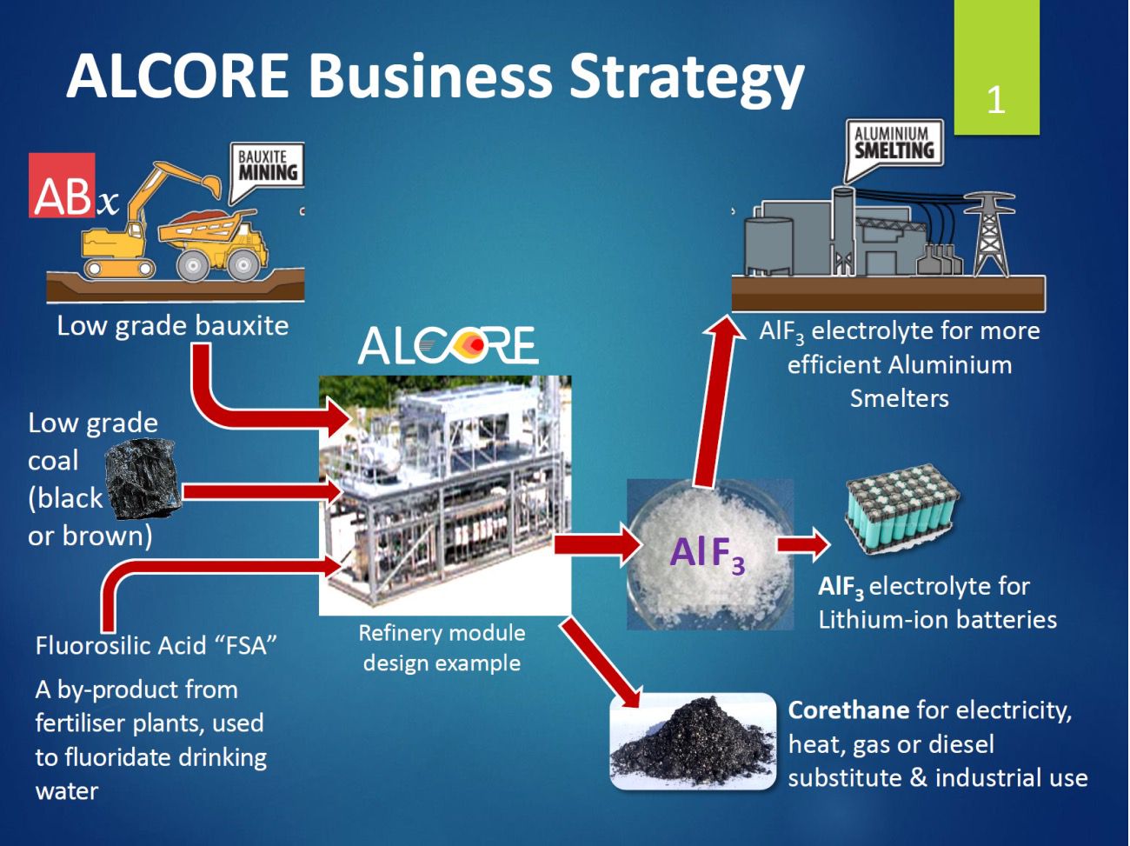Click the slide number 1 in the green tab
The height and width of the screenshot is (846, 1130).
[x=996, y=100]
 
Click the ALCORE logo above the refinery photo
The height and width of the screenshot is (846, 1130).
[x=448, y=345]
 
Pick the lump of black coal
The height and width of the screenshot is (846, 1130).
[x=143, y=478]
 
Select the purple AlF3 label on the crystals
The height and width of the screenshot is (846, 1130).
[x=707, y=554]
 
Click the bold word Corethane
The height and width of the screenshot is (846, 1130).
[x=847, y=710]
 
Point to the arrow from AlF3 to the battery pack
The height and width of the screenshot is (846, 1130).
[x=803, y=544]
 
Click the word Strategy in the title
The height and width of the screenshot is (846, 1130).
[x=687, y=77]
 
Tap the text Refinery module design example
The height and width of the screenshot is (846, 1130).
[x=442, y=648]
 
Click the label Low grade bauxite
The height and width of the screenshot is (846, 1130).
[x=172, y=325]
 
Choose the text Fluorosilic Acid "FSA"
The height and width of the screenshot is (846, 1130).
[x=156, y=645]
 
